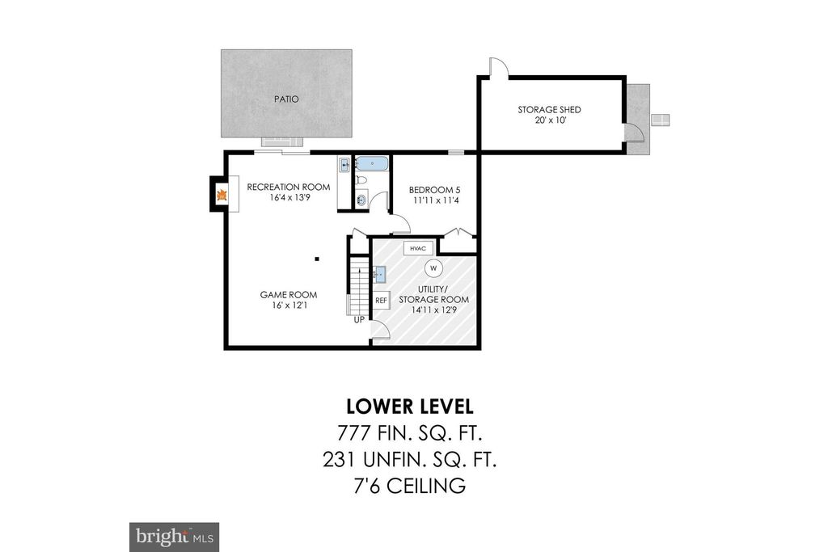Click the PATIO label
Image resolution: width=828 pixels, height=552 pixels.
tap(286, 99)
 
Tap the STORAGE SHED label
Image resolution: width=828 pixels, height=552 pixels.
tap(549, 110)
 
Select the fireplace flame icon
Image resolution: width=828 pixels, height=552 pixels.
tap(222, 195)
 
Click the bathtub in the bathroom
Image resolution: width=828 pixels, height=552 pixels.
tap(371, 164)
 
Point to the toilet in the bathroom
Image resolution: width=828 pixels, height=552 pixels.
tap(361, 180)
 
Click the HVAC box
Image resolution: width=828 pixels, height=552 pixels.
tap(418, 248)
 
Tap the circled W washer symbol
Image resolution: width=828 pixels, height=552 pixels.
tap(433, 268)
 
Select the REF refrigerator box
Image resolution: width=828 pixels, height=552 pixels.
tap(382, 301)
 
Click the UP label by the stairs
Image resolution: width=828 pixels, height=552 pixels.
tap(359, 320)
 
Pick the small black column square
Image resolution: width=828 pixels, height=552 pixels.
tap(317, 259)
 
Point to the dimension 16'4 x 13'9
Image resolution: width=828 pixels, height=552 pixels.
tap(289, 198)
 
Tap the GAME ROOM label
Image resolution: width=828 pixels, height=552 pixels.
tap(289, 295)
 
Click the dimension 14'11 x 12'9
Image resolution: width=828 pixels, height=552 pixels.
tap(434, 310)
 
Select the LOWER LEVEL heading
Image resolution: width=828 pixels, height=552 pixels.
tap(410, 407)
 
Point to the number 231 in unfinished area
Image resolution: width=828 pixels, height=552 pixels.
tap(339, 460)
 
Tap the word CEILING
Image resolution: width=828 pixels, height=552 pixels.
tap(427, 486)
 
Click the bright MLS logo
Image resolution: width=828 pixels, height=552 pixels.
tap(175, 537)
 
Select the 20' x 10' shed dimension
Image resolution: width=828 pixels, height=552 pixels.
tap(550, 120)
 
